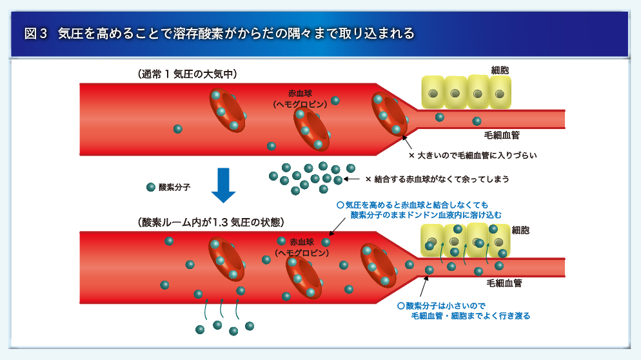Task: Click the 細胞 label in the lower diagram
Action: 520,230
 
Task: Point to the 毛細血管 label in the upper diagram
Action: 502,135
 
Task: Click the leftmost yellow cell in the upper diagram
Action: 433,93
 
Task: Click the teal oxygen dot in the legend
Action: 151,187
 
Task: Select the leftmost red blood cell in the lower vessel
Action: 226,259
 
